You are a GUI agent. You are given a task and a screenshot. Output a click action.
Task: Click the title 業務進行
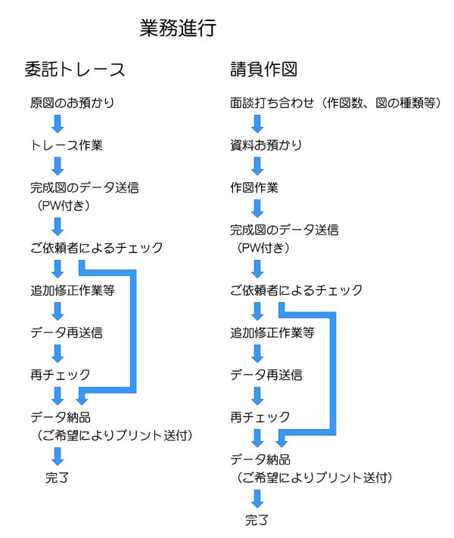(178, 27)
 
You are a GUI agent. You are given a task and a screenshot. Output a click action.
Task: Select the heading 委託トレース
(75, 69)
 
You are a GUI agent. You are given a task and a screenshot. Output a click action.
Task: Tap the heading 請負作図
(263, 69)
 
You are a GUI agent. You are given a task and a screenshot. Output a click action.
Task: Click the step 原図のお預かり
(72, 103)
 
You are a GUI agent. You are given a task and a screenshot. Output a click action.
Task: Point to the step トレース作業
(67, 145)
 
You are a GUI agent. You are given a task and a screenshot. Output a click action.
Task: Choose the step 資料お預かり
(266, 145)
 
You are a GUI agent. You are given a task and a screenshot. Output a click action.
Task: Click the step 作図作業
(254, 187)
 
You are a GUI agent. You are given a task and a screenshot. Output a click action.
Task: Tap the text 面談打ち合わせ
(272, 103)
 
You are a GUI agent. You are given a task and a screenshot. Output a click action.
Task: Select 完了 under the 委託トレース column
(57, 478)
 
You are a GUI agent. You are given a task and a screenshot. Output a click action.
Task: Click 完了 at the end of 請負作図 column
(257, 520)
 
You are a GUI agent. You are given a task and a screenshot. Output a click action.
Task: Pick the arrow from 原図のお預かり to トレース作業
(58, 123)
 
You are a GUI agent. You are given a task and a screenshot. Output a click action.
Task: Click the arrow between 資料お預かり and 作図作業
(257, 166)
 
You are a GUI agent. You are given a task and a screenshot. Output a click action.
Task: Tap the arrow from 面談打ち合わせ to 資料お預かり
(257, 123)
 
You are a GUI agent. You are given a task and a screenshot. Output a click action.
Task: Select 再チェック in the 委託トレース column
(60, 375)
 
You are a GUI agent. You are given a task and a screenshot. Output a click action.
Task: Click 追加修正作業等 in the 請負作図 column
(272, 332)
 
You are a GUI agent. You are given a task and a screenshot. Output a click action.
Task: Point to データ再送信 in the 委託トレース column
(67, 332)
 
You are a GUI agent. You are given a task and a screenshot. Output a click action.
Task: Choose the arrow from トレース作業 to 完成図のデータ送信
(58, 166)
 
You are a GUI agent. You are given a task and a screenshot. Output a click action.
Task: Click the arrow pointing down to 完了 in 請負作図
(257, 499)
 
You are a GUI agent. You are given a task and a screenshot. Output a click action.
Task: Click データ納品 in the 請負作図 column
(260, 459)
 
